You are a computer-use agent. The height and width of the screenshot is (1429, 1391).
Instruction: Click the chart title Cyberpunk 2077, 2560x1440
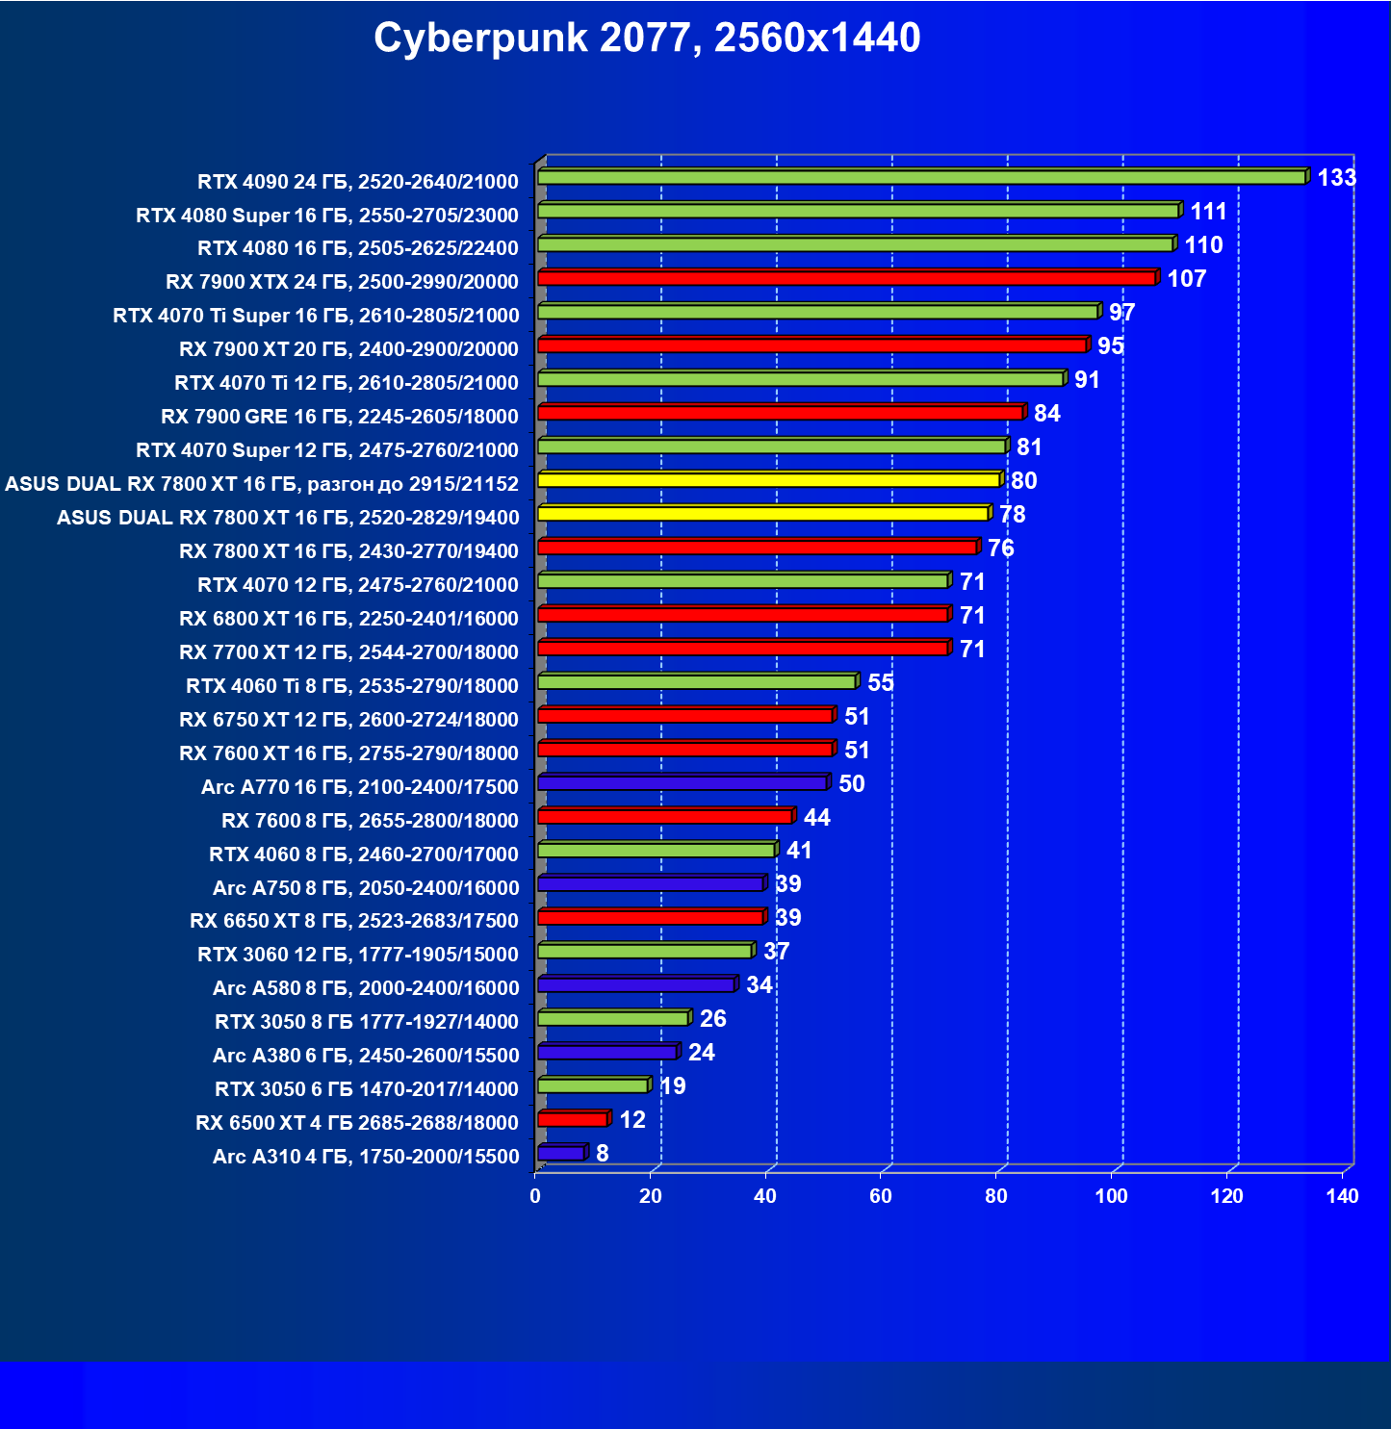pos(647,38)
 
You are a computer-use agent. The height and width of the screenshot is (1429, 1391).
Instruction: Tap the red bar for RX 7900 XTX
pos(846,279)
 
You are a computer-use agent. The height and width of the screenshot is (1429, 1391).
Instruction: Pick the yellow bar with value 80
pos(768,480)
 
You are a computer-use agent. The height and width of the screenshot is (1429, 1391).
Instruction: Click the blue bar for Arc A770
pos(682,783)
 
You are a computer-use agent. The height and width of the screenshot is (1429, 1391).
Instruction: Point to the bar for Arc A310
pos(560,1154)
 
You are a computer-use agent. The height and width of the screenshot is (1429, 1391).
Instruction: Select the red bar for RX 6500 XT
pos(572,1120)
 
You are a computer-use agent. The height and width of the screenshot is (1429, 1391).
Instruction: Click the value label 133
pos(1336,178)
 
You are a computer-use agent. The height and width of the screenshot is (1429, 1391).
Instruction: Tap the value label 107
pos(1186,279)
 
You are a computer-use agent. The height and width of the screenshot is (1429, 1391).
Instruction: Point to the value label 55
pos(881,683)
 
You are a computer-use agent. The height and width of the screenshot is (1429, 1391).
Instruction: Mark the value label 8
pos(603,1154)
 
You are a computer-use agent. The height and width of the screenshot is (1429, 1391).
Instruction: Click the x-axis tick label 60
pos(881,1196)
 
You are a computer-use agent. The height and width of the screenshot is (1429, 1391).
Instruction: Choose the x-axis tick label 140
pos(1342,1196)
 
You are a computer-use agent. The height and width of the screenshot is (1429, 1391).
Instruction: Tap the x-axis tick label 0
pos(535,1196)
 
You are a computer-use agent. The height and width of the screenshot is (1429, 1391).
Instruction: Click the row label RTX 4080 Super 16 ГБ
pos(327,216)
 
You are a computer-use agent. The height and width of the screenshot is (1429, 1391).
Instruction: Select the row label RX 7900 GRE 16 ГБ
pos(340,417)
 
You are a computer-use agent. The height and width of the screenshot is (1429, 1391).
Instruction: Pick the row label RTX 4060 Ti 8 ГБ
pos(352,686)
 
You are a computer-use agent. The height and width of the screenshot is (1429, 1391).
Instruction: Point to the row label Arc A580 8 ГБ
pos(366,988)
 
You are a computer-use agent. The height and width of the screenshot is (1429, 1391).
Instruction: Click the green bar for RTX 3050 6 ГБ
pos(593,1086)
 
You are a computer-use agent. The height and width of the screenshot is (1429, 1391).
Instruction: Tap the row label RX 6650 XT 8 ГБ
pos(354,921)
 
